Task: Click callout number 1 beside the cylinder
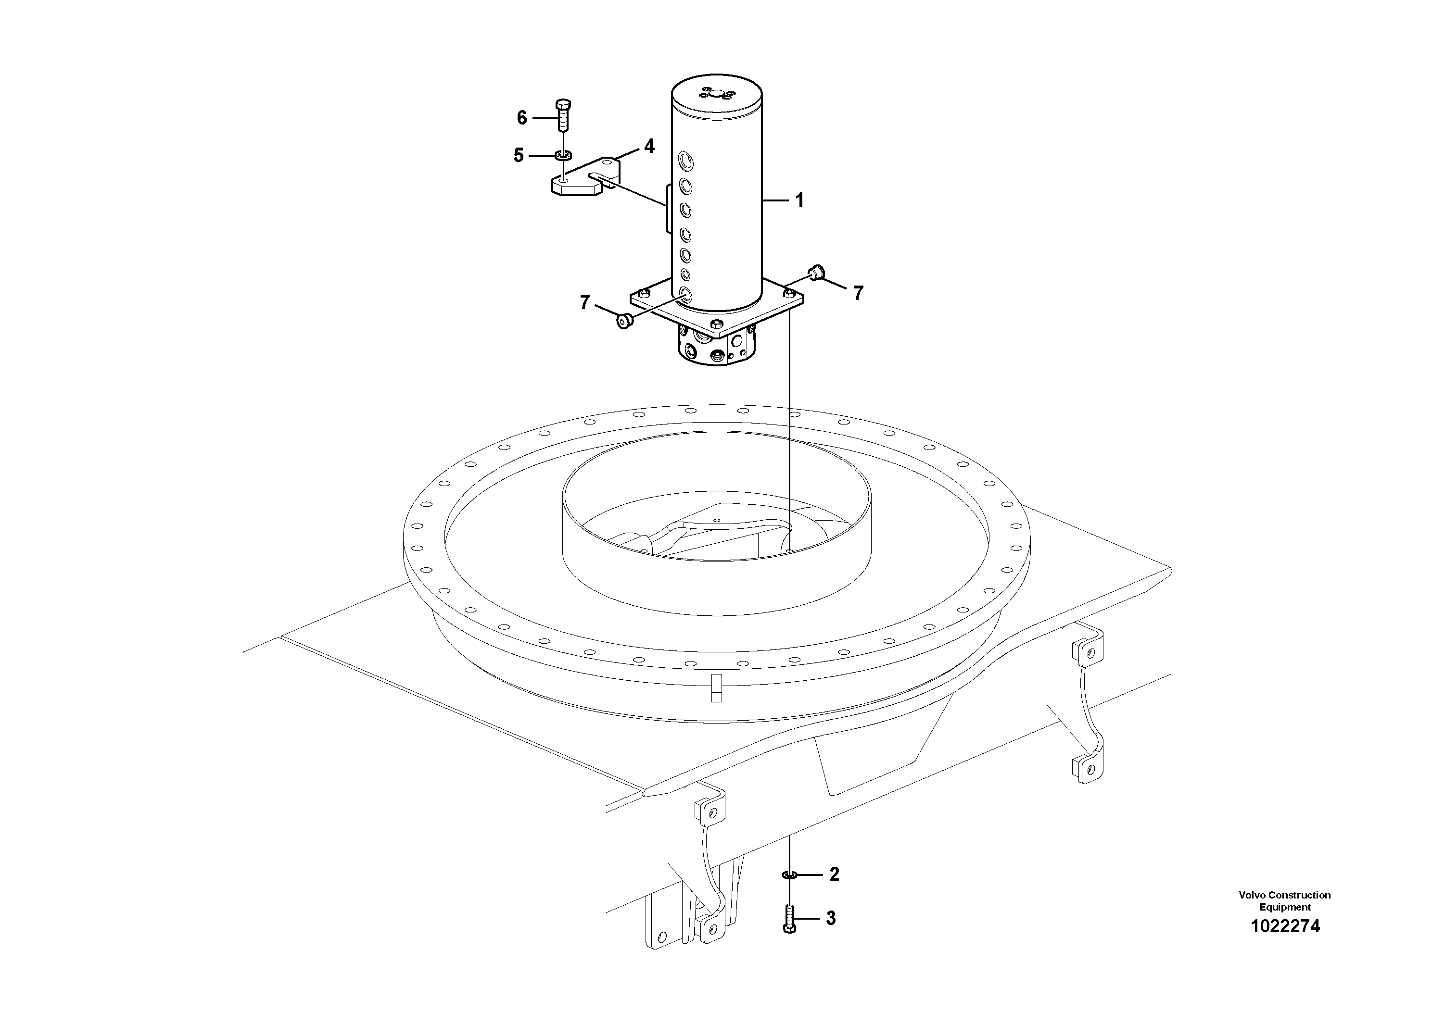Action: (x=798, y=200)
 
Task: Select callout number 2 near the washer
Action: (x=834, y=874)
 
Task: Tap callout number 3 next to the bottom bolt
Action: (x=830, y=918)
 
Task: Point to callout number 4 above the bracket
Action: (x=649, y=147)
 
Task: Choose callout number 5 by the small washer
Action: (x=518, y=155)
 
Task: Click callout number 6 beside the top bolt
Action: (x=522, y=118)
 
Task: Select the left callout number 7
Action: (x=584, y=303)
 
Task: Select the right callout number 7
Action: (x=858, y=293)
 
